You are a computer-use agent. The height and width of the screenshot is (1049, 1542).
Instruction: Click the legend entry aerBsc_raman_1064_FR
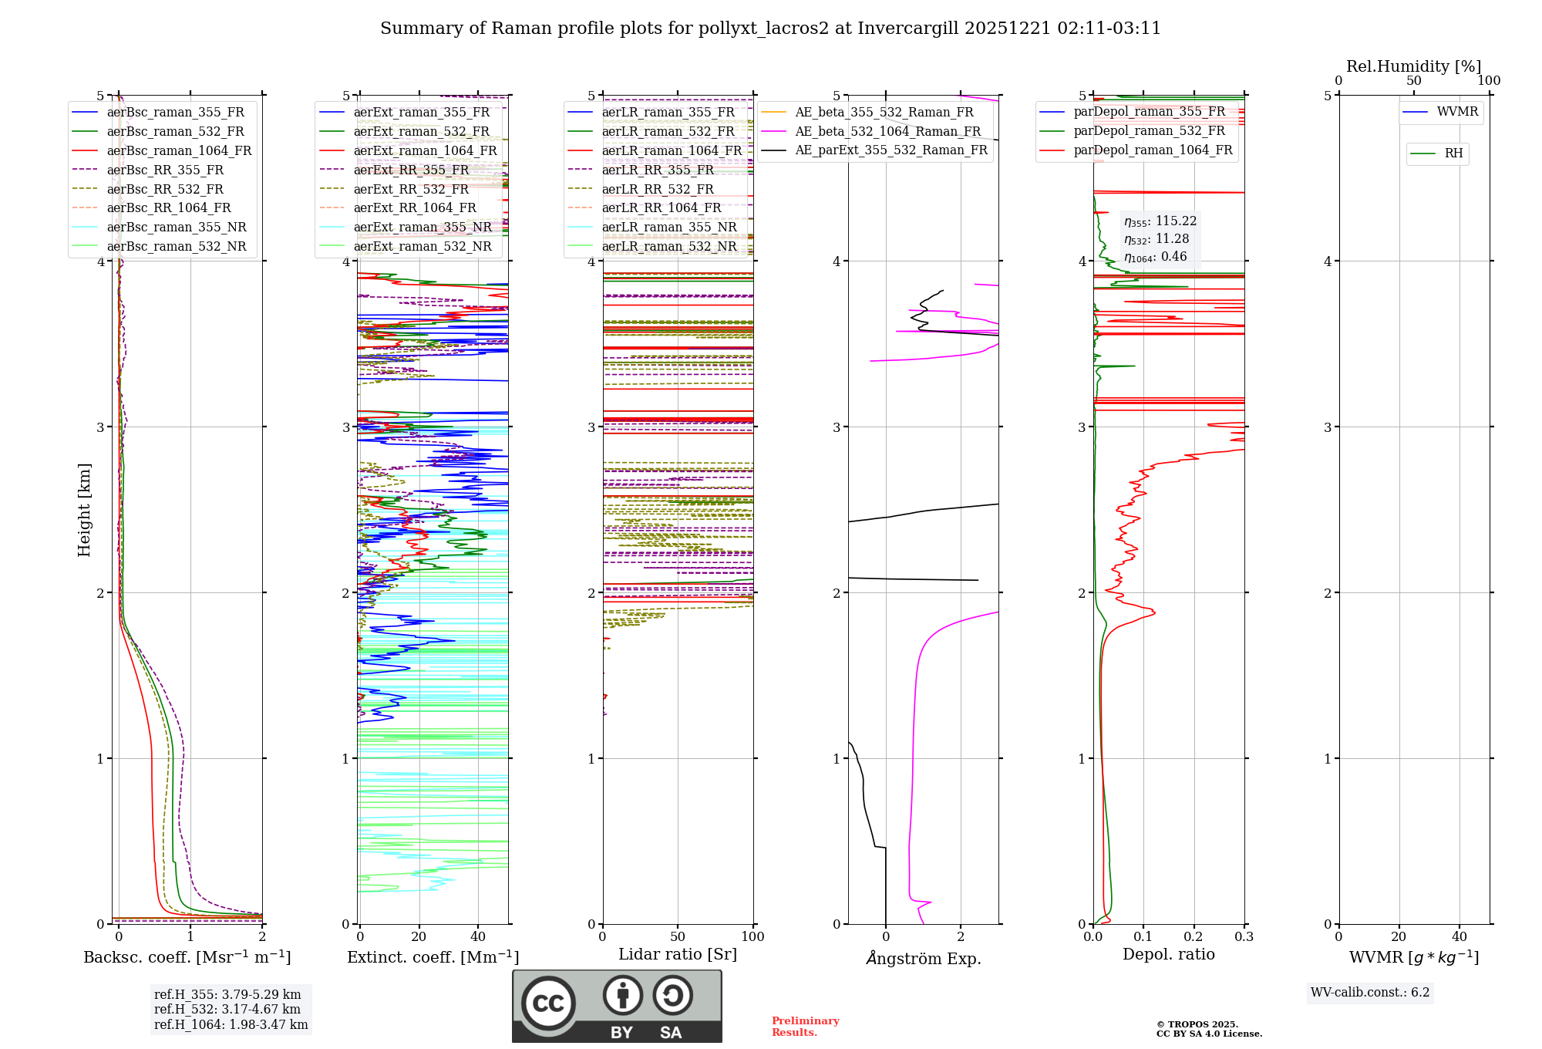179,150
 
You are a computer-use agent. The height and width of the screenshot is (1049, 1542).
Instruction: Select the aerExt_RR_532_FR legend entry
411,189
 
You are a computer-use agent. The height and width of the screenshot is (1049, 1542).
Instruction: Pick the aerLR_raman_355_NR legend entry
669,227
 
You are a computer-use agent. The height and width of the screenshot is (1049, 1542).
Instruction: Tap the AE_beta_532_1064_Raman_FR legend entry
887,131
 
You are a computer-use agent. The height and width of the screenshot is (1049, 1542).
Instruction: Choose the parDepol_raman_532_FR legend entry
1149,130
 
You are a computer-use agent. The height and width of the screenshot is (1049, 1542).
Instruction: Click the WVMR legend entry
1457,112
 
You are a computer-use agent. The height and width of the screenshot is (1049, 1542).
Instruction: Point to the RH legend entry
1453,153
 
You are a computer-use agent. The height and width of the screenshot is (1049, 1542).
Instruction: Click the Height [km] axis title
84,510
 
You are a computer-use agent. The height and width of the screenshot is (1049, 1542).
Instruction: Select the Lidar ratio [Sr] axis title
678,954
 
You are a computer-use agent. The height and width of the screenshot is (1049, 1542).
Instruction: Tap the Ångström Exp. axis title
924,958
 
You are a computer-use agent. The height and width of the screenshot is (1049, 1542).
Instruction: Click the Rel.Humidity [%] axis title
1413,66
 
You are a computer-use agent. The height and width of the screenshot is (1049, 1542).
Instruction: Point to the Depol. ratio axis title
1168,954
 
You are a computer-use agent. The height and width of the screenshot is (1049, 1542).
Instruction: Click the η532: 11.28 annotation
1156,239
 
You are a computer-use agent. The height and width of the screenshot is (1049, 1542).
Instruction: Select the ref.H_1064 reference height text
231,1024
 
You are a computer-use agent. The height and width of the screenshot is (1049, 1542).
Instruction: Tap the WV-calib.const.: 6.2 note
1370,993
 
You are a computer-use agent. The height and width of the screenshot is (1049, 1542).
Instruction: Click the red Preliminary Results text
805,1026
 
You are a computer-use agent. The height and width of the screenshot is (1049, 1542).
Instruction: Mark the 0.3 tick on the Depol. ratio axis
1244,936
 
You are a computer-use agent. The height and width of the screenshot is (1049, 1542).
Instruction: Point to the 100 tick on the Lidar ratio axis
752,936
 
